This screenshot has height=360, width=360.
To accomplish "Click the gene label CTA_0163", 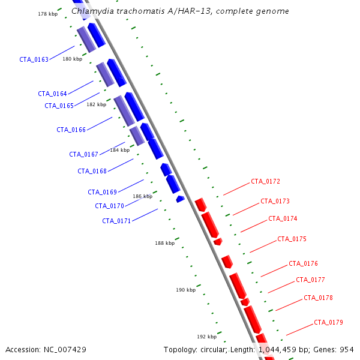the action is tap(34, 59).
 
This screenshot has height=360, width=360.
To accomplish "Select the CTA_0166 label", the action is tap(71, 130).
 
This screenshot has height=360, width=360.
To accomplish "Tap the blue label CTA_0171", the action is tap(116, 221).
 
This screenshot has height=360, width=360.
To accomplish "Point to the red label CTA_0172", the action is tap(265, 182).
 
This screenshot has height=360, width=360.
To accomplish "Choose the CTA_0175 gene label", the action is tap(292, 239).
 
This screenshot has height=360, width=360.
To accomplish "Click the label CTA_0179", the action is tap(328, 323).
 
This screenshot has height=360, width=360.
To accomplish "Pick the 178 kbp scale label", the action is tap(48, 14).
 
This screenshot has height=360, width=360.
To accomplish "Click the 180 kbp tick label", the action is tap(73, 59).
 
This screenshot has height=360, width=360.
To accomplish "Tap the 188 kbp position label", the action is tap(165, 243).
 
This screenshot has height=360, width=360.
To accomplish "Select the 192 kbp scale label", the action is tap(207, 337).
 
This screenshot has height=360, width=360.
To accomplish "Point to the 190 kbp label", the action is tap(186, 290).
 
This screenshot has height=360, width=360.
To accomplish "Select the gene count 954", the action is tap(347, 350).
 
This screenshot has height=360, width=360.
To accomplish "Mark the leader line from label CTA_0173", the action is tap(246, 209).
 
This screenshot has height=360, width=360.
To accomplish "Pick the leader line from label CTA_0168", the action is tap(121, 165).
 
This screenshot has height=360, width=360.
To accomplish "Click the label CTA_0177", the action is tap(310, 280).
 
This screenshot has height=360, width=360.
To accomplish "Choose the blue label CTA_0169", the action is tap(103, 192).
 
